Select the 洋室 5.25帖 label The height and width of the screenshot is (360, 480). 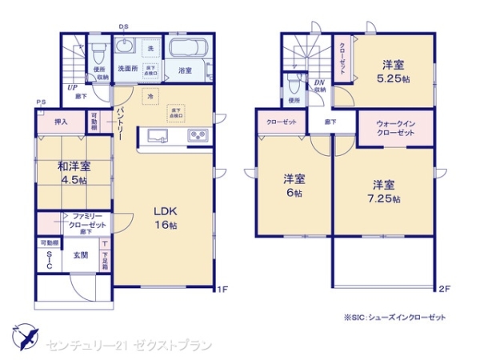click(x=393, y=71)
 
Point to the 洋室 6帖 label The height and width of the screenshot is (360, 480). click(x=293, y=185)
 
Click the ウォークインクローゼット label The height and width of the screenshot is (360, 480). click(x=395, y=128)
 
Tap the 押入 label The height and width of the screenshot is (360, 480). click(x=61, y=122)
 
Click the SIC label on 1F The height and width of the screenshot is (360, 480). click(x=49, y=260)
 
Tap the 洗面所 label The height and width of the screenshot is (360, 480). click(x=128, y=70)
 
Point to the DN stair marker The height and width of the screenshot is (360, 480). click(x=318, y=83)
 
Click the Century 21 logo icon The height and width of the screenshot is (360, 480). click(x=23, y=337)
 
